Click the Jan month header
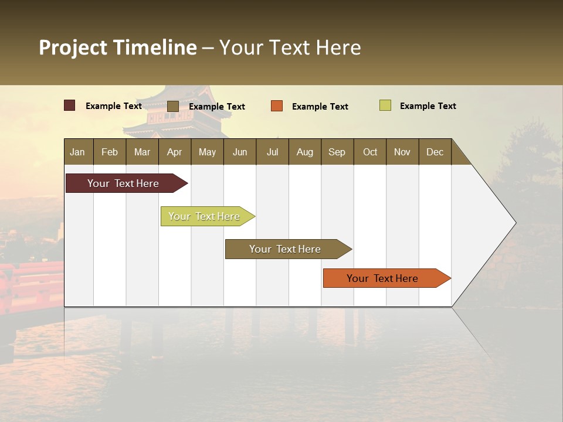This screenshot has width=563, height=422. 78,152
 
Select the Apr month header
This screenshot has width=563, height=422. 175,152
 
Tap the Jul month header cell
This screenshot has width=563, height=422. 272,152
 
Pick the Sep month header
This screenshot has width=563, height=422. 337,152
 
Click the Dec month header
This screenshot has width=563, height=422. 435,152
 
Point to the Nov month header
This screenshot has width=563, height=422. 402,152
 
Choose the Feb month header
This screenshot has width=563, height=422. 110,152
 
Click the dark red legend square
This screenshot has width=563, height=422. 70,105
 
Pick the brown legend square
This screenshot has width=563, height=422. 172,106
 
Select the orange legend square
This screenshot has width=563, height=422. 277,105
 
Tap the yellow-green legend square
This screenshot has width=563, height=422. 385,105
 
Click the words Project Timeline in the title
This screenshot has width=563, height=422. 117,47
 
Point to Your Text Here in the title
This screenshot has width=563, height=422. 290,47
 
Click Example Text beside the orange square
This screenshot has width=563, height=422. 320,107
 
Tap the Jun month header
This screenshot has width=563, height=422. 240,152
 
